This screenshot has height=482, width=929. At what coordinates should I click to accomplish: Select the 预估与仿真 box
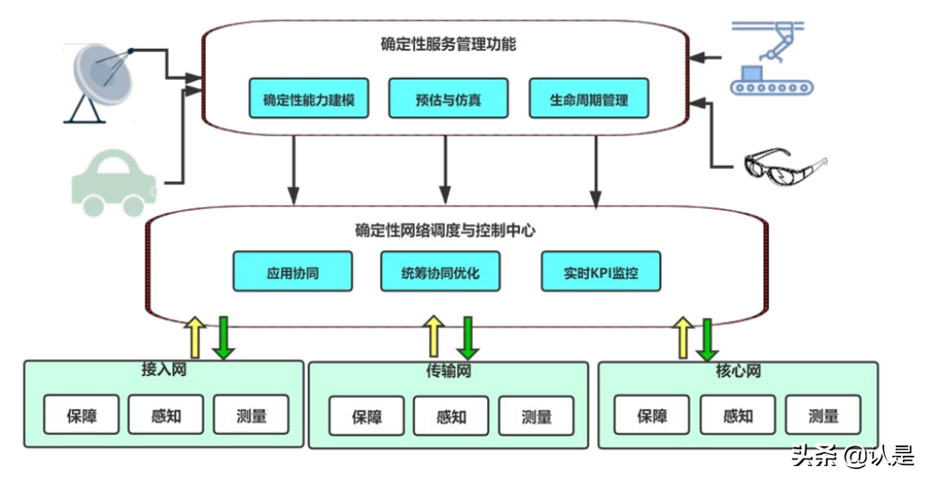(x=448, y=98)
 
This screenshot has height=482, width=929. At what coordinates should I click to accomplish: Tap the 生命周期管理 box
(x=588, y=98)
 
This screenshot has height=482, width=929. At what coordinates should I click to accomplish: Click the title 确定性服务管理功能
(x=448, y=44)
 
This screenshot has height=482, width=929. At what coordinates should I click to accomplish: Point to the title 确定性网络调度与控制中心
(x=445, y=230)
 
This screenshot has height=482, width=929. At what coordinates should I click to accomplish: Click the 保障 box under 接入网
(x=81, y=414)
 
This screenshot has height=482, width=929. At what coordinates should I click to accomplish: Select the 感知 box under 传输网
(x=451, y=416)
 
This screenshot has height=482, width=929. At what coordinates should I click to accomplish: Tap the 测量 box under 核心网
(x=823, y=415)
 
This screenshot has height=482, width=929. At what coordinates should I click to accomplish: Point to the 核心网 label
(x=737, y=371)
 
